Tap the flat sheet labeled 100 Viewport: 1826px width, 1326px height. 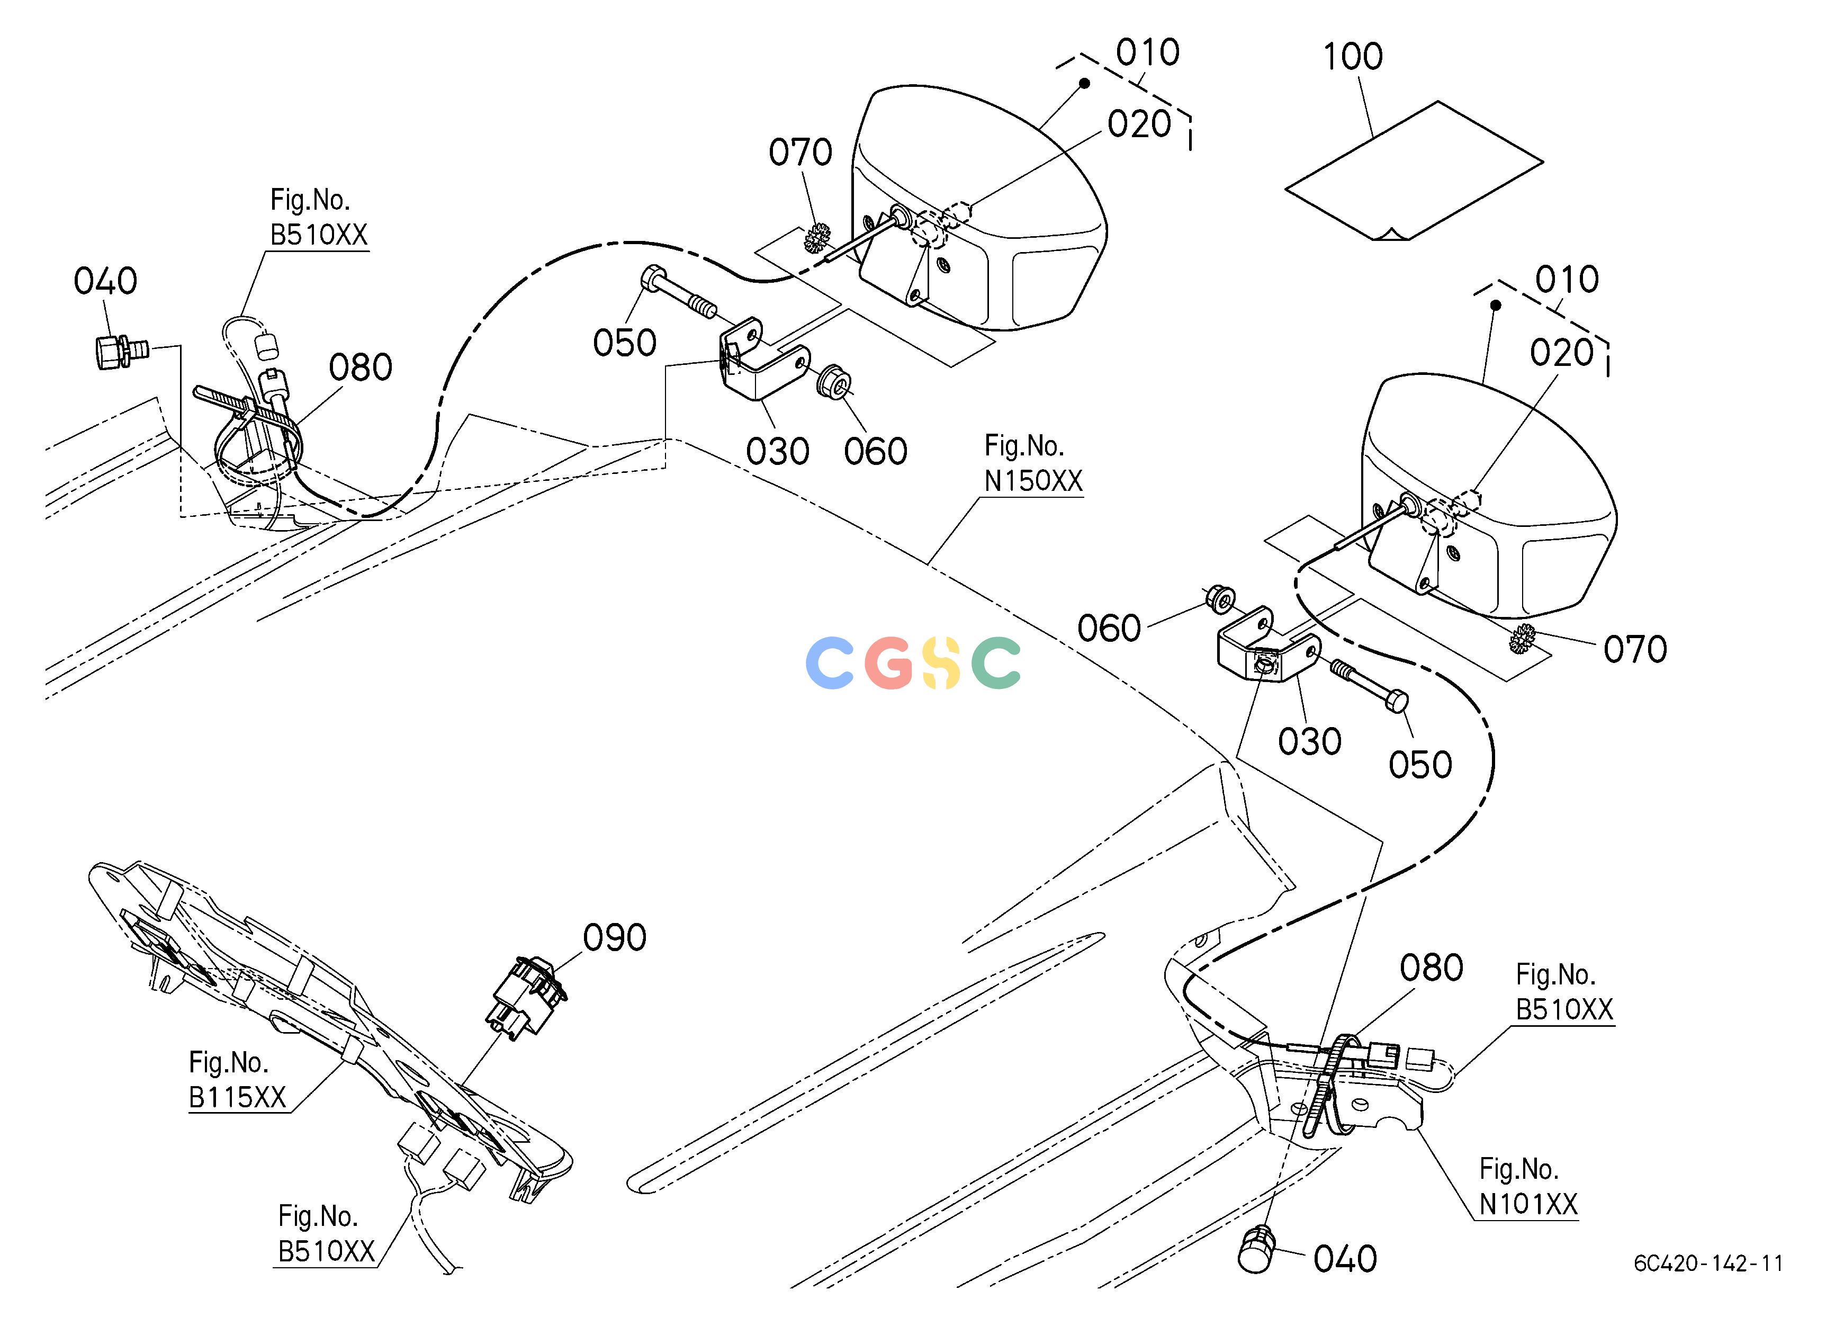1414,170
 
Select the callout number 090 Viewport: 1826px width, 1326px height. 614,938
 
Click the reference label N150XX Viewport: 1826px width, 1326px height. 1034,481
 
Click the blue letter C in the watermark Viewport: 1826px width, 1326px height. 829,662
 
